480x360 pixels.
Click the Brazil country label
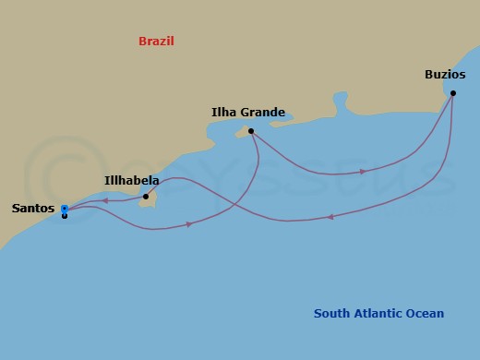[x=156, y=42]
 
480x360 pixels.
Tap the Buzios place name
[x=444, y=74]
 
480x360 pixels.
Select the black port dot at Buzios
[x=452, y=93]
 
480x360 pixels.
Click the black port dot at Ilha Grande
[x=251, y=131]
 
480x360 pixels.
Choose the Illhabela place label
[x=132, y=181]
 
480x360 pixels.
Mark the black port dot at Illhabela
[x=146, y=197]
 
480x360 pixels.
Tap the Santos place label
[x=32, y=209]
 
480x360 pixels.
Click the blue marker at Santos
[x=64, y=209]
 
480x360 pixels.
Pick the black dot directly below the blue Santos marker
[x=64, y=216]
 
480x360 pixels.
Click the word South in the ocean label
[x=331, y=314]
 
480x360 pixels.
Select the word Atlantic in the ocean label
[x=379, y=314]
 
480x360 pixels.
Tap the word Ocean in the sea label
[x=426, y=314]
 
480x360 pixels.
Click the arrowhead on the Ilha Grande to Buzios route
[x=362, y=172]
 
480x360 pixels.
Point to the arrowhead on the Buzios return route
[x=330, y=218]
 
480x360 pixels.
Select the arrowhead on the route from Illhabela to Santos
[x=105, y=200]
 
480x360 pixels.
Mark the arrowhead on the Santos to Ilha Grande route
[x=188, y=224]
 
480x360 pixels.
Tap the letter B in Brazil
[x=142, y=42]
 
